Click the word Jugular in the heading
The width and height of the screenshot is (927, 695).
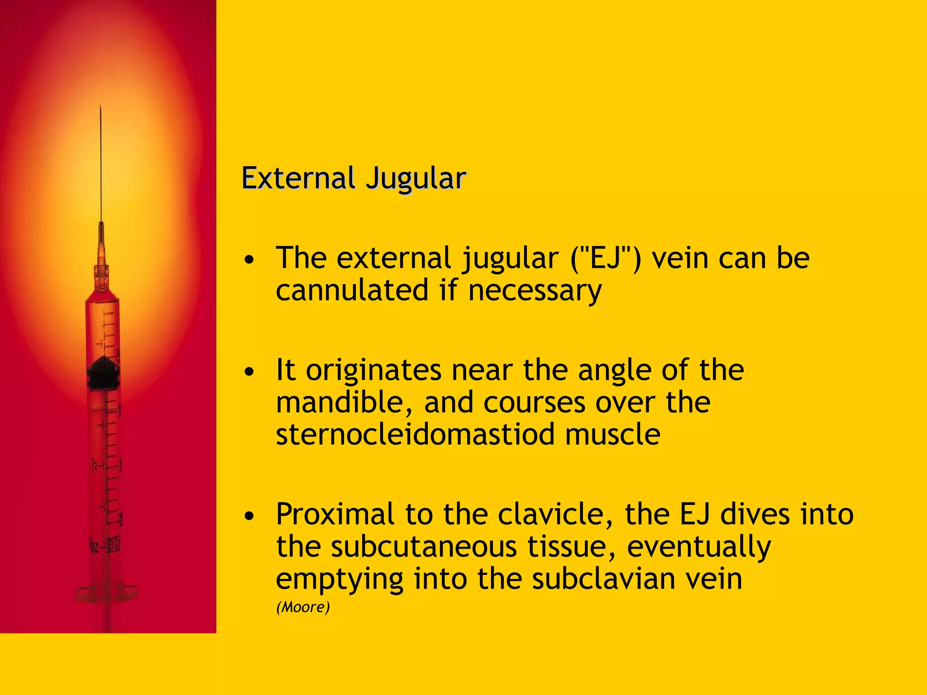tap(416, 178)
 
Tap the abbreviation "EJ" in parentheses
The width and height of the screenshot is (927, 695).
tap(606, 258)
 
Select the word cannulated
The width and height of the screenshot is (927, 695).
tap(352, 290)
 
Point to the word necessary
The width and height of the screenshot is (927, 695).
tap(535, 290)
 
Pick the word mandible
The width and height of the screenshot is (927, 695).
tap(344, 402)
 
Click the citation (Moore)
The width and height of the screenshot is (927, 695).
tap(303, 607)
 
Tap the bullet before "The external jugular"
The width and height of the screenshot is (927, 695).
tap(249, 260)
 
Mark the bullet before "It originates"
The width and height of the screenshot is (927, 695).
tap(249, 372)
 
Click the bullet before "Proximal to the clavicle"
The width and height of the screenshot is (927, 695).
tap(249, 516)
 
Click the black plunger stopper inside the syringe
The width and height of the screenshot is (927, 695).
tap(103, 373)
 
